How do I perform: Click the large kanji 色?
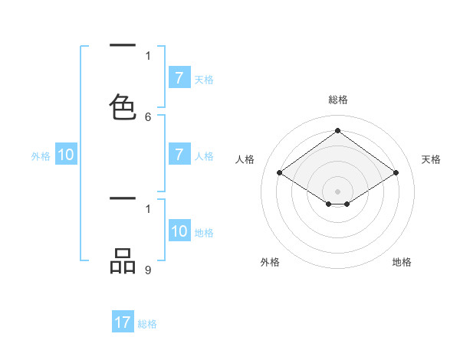tap(123, 106)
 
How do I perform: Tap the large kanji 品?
tap(123, 261)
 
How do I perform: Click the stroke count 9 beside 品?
tap(148, 270)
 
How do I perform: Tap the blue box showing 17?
tap(123, 322)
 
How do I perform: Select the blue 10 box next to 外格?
tap(66, 155)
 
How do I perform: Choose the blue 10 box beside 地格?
tap(179, 231)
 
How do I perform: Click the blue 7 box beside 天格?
tap(179, 77)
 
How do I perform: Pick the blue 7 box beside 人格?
tap(179, 155)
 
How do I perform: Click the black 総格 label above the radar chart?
tap(338, 100)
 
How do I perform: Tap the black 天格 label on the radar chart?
tap(431, 159)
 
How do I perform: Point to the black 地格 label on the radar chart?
tap(402, 262)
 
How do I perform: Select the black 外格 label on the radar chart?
tap(270, 262)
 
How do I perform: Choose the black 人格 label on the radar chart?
tap(245, 159)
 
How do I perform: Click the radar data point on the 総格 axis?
tap(338, 130)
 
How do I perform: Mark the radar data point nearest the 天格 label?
tap(396, 173)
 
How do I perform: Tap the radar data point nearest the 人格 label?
tap(280, 173)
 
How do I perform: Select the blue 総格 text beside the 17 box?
tap(147, 324)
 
